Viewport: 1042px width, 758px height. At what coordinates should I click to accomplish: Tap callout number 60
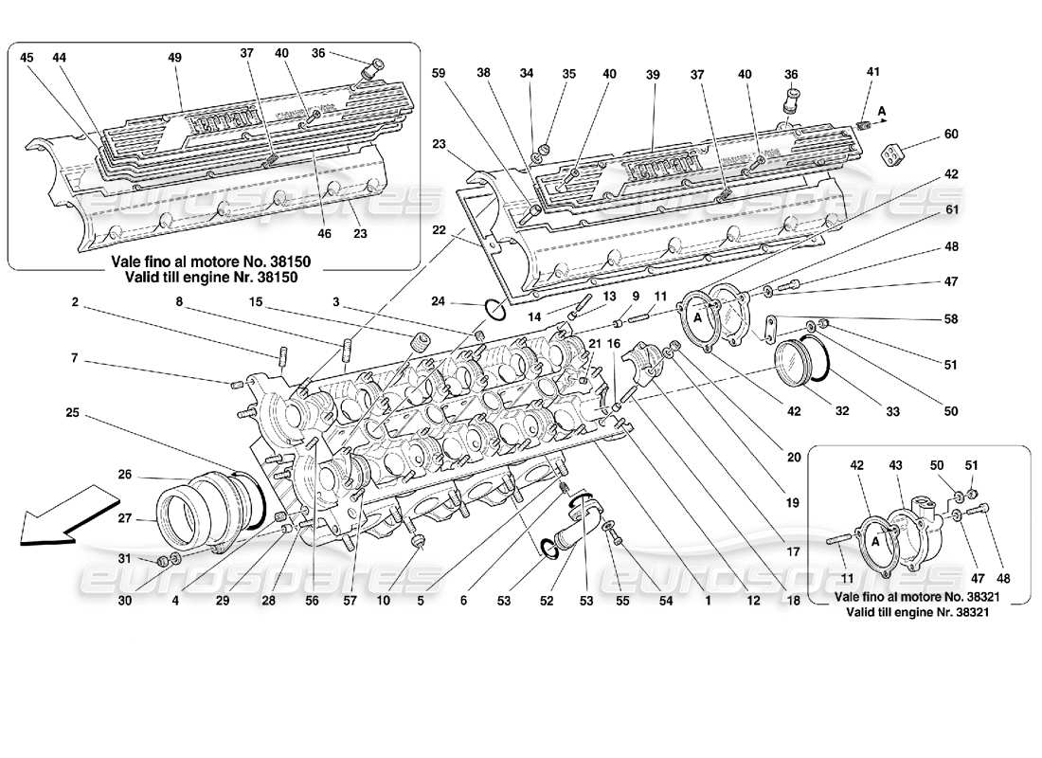pyautogui.click(x=951, y=135)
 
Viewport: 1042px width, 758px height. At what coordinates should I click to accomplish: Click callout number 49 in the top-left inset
pyautogui.click(x=174, y=58)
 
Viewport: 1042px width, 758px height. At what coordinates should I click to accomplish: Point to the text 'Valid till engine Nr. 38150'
pyautogui.click(x=213, y=278)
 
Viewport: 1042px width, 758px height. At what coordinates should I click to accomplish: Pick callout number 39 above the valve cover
pyautogui.click(x=653, y=74)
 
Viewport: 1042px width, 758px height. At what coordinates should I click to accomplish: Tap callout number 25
pyautogui.click(x=72, y=412)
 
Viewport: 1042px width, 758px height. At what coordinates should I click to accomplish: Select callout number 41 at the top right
pyautogui.click(x=872, y=72)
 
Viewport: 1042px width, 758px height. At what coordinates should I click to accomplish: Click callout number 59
pyautogui.click(x=439, y=73)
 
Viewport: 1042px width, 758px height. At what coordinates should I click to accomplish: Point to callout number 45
pyautogui.click(x=27, y=58)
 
